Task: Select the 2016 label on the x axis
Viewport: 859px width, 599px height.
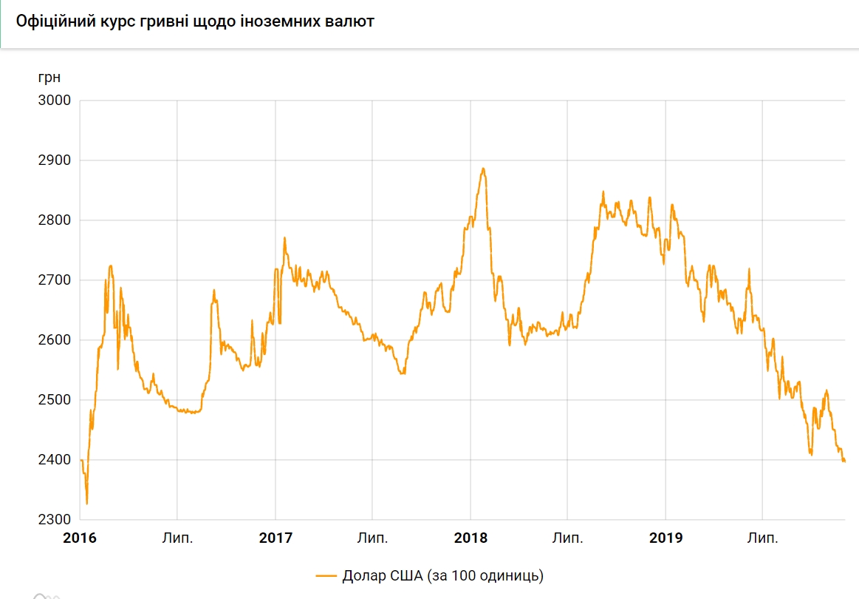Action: point(80,538)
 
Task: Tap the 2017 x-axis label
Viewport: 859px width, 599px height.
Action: point(275,538)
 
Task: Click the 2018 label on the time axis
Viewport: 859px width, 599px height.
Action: point(470,538)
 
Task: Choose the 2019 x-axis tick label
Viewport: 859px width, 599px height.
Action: point(665,538)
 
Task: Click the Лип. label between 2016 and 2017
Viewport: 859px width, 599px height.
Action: point(177,538)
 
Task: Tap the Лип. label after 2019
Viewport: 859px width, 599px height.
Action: point(763,538)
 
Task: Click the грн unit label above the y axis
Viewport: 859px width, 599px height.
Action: point(49,77)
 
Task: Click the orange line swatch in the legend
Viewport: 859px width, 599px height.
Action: point(326,575)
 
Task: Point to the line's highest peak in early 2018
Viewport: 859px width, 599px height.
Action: point(483,169)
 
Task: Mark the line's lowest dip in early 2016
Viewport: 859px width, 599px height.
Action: point(87,504)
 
